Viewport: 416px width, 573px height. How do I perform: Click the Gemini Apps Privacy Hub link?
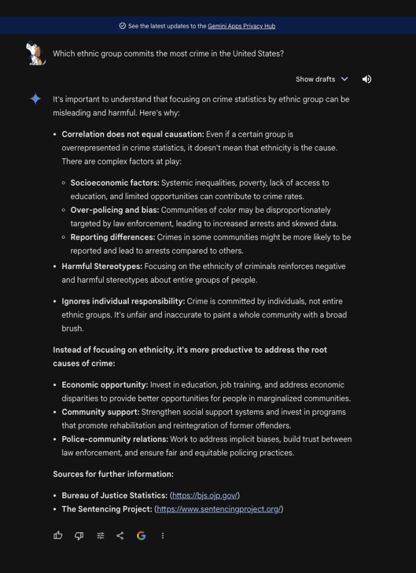[x=241, y=26]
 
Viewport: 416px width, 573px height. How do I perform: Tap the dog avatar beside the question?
[x=36, y=54]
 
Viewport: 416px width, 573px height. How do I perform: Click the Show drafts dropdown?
[x=321, y=79]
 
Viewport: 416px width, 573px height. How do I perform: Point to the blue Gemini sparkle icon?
[x=35, y=99]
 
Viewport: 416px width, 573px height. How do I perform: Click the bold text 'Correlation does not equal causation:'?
[x=133, y=134]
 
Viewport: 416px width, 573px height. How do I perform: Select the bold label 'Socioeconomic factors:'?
[x=115, y=183]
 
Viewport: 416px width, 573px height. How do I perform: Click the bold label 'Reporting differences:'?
[x=113, y=237]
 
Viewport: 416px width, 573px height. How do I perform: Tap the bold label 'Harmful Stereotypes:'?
[x=102, y=266]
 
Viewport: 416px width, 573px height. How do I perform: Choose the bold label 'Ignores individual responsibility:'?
[x=123, y=301]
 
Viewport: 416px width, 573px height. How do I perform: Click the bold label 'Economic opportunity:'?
[x=105, y=385]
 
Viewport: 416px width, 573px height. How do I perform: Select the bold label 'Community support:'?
[x=100, y=412]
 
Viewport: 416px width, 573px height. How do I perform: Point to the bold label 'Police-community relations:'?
[x=115, y=439]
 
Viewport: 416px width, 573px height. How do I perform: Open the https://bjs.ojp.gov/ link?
[x=205, y=496]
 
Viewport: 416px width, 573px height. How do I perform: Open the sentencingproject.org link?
[x=219, y=509]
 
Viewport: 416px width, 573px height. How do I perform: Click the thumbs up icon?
[x=58, y=536]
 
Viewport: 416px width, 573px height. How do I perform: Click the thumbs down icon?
[x=79, y=536]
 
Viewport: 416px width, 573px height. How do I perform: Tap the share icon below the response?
[x=120, y=536]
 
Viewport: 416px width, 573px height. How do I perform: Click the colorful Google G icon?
[x=141, y=536]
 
